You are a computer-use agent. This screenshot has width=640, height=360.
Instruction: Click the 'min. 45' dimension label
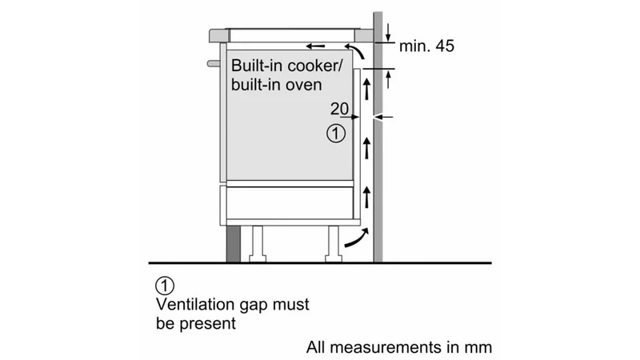pyautogui.click(x=426, y=46)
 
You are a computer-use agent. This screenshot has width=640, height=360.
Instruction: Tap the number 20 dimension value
pyautogui.click(x=339, y=109)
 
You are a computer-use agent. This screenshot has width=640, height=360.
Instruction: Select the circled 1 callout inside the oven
pyautogui.click(x=336, y=134)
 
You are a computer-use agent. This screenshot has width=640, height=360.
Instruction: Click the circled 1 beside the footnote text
pyautogui.click(x=165, y=286)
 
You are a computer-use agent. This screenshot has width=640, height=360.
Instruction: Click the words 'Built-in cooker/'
pyautogui.click(x=287, y=66)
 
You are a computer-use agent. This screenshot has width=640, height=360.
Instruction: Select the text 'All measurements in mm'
pyautogui.click(x=399, y=347)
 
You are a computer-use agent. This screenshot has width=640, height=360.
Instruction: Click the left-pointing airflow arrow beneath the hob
pyautogui.click(x=316, y=46)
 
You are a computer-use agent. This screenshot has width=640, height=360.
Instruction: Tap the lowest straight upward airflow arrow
pyautogui.click(x=367, y=197)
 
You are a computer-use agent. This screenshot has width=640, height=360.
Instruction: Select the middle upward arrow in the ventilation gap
pyautogui.click(x=367, y=148)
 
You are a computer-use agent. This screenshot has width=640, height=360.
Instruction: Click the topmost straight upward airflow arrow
pyautogui.click(x=367, y=89)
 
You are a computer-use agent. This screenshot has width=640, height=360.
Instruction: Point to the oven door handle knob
pyautogui.click(x=214, y=63)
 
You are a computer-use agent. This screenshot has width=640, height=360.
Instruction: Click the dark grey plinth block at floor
pyautogui.click(x=234, y=244)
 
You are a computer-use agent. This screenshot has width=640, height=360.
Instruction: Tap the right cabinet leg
pyautogui.click(x=333, y=244)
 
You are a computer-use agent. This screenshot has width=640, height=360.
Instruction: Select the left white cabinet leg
pyautogui.click(x=258, y=244)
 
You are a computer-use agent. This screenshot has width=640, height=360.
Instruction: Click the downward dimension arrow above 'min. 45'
pyautogui.click(x=388, y=33)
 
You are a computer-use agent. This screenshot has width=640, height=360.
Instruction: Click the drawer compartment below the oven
pyautogui.click(x=290, y=203)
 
